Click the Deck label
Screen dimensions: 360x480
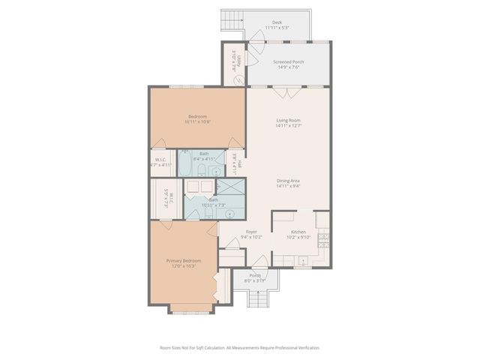(277, 22)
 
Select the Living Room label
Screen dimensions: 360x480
(288, 120)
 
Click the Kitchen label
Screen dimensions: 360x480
(299, 232)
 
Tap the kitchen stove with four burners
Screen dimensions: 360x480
(324, 240)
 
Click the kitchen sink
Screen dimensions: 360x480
(303, 261)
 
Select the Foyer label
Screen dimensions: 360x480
(252, 232)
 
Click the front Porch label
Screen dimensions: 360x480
(256, 275)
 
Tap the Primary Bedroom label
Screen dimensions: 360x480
(183, 261)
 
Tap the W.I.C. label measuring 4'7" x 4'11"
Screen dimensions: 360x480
(161, 162)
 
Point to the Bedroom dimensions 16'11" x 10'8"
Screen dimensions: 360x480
(199, 121)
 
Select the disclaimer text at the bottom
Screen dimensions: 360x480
(240, 348)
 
